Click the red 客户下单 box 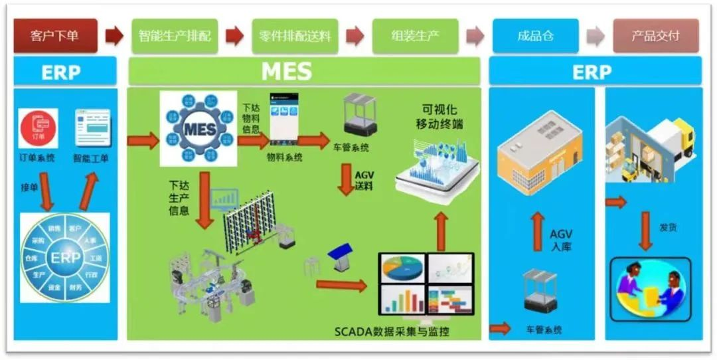(55, 35)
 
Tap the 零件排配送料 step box (295, 35)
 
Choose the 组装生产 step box (415, 35)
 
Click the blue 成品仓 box (535, 35)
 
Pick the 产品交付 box (655, 35)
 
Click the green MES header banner (304, 71)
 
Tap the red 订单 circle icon (38, 128)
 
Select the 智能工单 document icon (92, 128)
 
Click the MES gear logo (198, 128)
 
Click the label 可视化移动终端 (439, 116)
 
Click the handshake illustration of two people (650, 287)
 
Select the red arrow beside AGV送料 (345, 180)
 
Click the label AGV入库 (561, 240)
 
